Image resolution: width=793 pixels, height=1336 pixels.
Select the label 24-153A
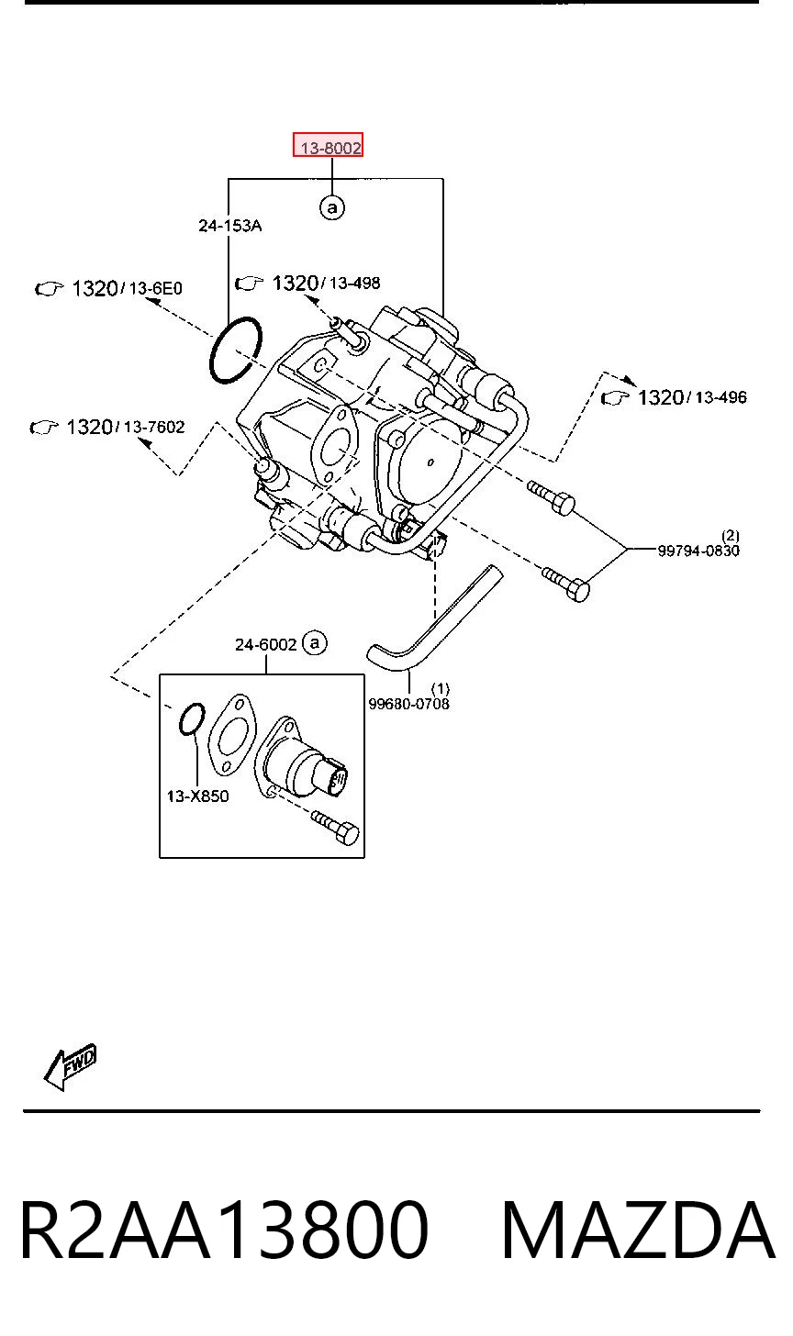click(229, 226)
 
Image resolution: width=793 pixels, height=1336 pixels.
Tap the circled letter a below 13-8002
click(332, 207)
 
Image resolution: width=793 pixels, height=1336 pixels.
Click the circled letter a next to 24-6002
click(315, 643)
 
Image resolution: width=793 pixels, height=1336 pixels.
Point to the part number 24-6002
click(265, 644)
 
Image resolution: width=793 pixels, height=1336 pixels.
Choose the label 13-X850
click(197, 796)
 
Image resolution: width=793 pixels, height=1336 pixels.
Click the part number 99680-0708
click(408, 704)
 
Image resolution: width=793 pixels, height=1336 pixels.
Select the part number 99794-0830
click(698, 550)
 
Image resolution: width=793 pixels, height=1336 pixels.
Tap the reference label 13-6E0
click(155, 289)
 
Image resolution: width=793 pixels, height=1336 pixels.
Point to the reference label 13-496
click(720, 397)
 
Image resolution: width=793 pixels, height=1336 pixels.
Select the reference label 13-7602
click(154, 427)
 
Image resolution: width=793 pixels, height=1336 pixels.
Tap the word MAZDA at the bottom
click(638, 1231)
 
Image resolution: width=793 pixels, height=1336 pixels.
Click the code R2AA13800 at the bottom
click(224, 1231)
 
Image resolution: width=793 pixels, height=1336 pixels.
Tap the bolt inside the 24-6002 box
click(335, 828)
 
